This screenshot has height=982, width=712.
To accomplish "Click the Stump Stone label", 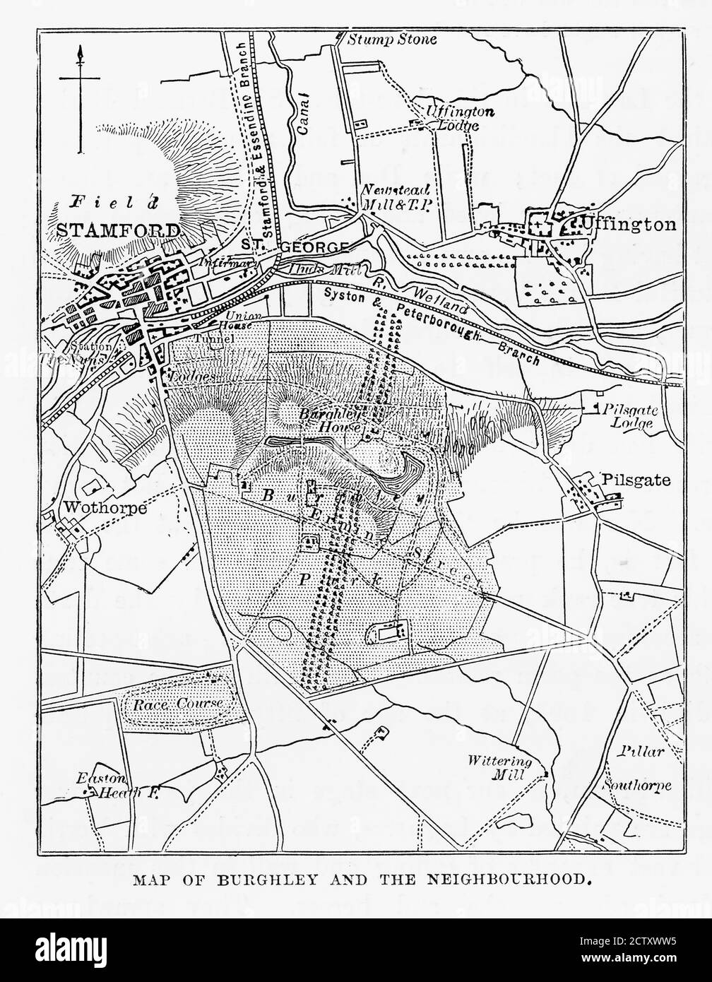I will coord(391,40).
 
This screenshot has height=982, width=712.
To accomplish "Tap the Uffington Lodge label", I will coord(452,119).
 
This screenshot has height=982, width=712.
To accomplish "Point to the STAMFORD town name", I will coord(117,230).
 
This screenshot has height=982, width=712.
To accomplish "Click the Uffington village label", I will coord(628,225).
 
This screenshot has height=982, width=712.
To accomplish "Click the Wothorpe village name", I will coord(105,508).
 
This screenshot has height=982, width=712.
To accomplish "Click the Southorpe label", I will coord(636,786).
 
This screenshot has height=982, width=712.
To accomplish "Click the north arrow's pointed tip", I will coord(80,48).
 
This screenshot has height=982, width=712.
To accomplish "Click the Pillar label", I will coord(643,751).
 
